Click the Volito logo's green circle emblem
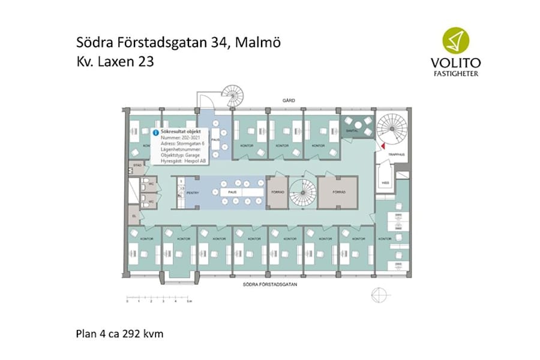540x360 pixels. point(455,41)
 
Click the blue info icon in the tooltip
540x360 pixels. point(156,130)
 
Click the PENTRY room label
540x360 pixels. point(193,193)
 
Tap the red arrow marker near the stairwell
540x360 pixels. point(380,145)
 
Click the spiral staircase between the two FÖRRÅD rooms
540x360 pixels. point(302,193)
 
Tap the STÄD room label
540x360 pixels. point(137,164)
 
